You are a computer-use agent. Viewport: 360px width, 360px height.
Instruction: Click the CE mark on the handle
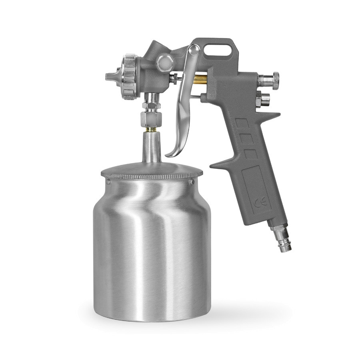pyautogui.click(x=260, y=202)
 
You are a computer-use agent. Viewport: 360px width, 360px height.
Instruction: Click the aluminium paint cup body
pyautogui.click(x=152, y=250)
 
